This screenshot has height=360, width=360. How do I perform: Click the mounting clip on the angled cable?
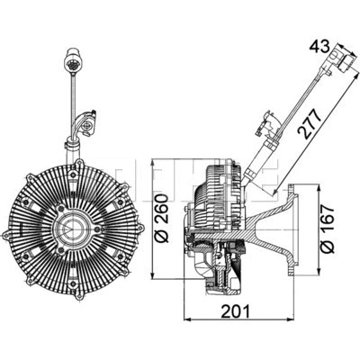pos(267,116)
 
